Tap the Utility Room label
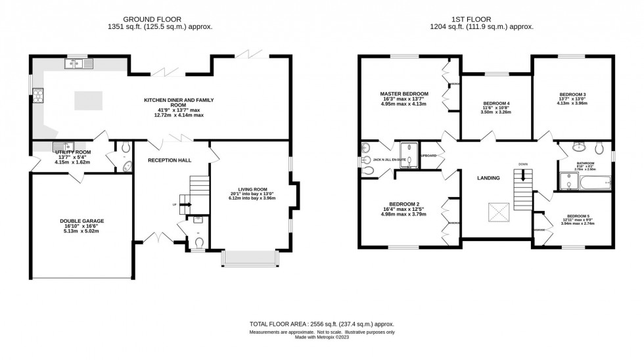73,152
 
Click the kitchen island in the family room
89,101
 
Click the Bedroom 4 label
496,104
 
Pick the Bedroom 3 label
572,94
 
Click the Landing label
488,178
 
